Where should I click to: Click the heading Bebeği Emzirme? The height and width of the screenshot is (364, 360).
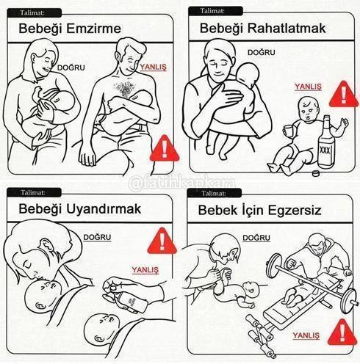pyautogui.click(x=70, y=29)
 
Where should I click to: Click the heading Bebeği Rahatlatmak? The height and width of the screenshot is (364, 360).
pyautogui.click(x=262, y=29)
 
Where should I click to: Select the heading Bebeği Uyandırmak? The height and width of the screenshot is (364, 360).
pyautogui.click(x=80, y=209)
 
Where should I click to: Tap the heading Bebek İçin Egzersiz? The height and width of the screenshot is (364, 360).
pyautogui.click(x=259, y=211)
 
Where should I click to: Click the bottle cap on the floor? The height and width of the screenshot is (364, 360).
pyautogui.click(x=317, y=173)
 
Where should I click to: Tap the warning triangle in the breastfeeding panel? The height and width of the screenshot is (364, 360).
pyautogui.click(x=165, y=148)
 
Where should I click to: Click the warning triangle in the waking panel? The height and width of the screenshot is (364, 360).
pyautogui.click(x=162, y=241)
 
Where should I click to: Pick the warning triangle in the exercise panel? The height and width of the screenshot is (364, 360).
pyautogui.click(x=342, y=332)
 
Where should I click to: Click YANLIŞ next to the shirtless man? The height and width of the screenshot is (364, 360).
pyautogui.click(x=153, y=68)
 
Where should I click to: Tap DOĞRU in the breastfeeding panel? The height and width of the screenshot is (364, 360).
pyautogui.click(x=71, y=68)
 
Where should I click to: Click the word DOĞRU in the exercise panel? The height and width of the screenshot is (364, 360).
pyautogui.click(x=256, y=238)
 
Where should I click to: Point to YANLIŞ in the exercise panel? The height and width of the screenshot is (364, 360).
pyautogui.click(x=306, y=335)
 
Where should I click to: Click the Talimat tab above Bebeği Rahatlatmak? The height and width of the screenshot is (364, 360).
pyautogui.click(x=215, y=11)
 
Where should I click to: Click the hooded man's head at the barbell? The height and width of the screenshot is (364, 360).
pyautogui.click(x=318, y=245)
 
